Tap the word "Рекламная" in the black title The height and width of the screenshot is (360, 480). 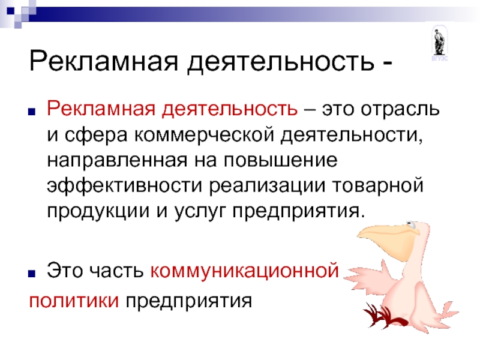coord(103,61)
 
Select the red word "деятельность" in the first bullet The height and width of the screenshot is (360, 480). coord(230,109)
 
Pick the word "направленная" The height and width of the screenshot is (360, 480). coord(117,161)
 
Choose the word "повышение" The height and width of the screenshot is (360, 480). coord(280,160)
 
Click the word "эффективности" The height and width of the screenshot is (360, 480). coord(125,186)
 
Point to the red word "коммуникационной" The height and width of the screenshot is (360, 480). coord(245,271)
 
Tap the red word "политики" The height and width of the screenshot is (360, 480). coord(74,301)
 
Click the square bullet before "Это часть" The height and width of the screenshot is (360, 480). coord(32,274)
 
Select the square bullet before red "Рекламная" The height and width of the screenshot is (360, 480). coord(32,112)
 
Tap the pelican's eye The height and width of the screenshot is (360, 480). coord(411,226)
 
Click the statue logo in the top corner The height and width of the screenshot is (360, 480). coord(440,43)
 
